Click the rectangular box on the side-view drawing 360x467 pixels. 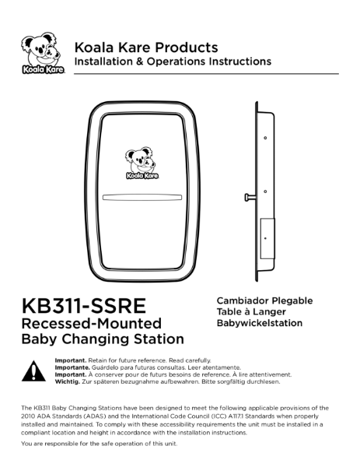click(x=267, y=236)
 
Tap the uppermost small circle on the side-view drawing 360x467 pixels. click(x=266, y=139)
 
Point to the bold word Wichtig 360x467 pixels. click(x=70, y=381)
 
